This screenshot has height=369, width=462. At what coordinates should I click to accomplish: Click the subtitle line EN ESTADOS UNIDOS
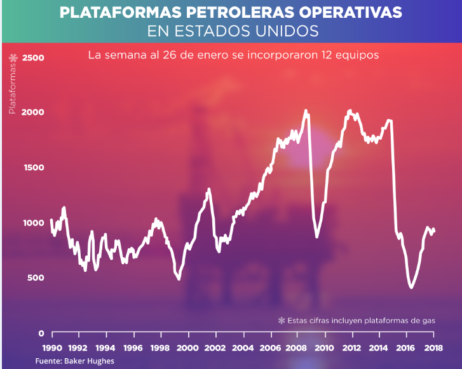coord(231,30)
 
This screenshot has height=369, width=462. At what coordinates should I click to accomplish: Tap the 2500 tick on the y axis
coord(33,58)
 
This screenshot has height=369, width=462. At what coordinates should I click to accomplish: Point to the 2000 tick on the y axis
coord(33,112)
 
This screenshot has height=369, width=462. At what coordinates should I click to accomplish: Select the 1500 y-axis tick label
coord(33,168)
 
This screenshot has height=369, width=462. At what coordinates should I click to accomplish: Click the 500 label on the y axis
coord(36,278)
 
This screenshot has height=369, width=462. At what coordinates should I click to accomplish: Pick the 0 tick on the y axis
coord(41,333)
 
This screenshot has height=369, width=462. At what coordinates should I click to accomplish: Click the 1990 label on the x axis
coord(51,348)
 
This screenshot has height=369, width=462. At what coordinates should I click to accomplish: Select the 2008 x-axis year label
coord(297,348)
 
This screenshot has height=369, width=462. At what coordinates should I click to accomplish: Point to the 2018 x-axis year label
coord(433,348)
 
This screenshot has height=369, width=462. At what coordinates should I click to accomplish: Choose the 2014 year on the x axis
coord(379,348)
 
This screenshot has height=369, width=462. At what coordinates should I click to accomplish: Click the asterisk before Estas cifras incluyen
coord(282,321)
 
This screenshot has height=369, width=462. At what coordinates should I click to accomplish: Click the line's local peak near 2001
coord(208,189)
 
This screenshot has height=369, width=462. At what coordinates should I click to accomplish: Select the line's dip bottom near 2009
coord(316,237)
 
